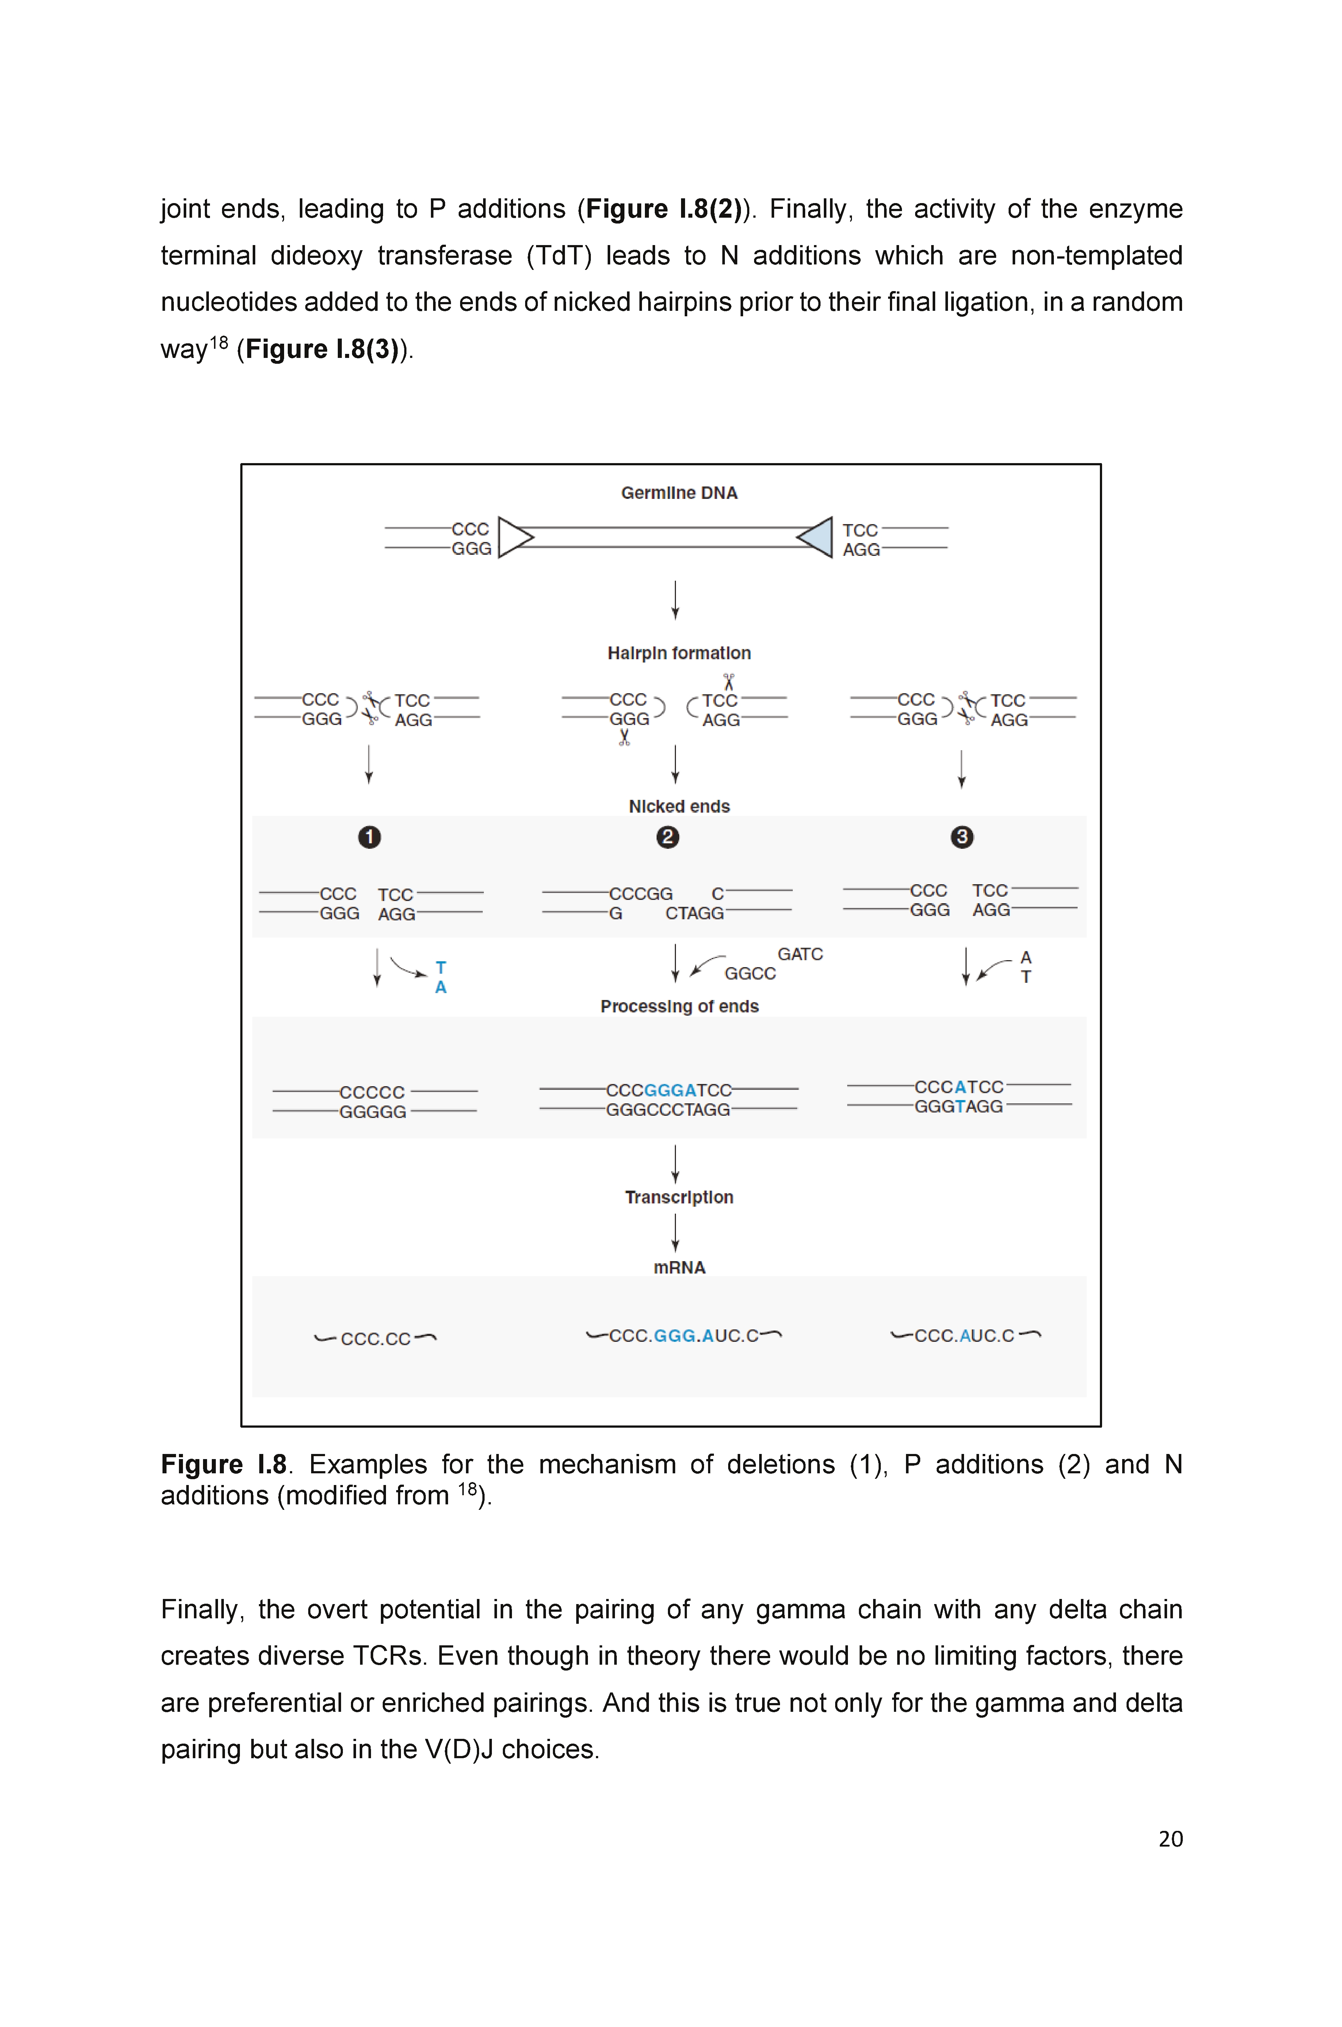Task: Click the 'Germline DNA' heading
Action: [x=679, y=493]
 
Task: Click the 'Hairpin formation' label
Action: [x=679, y=653]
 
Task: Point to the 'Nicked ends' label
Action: [x=679, y=806]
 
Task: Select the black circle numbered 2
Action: [x=668, y=837]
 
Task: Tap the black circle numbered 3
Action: [x=962, y=837]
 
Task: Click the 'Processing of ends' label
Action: [x=679, y=1007]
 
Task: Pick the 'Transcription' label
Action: [x=679, y=1198]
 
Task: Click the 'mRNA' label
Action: [x=679, y=1268]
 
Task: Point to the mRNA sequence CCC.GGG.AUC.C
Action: [x=684, y=1335]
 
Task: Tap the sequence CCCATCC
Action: [x=959, y=1087]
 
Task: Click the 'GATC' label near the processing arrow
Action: [x=800, y=954]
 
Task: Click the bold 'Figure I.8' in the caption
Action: [x=223, y=1465]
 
